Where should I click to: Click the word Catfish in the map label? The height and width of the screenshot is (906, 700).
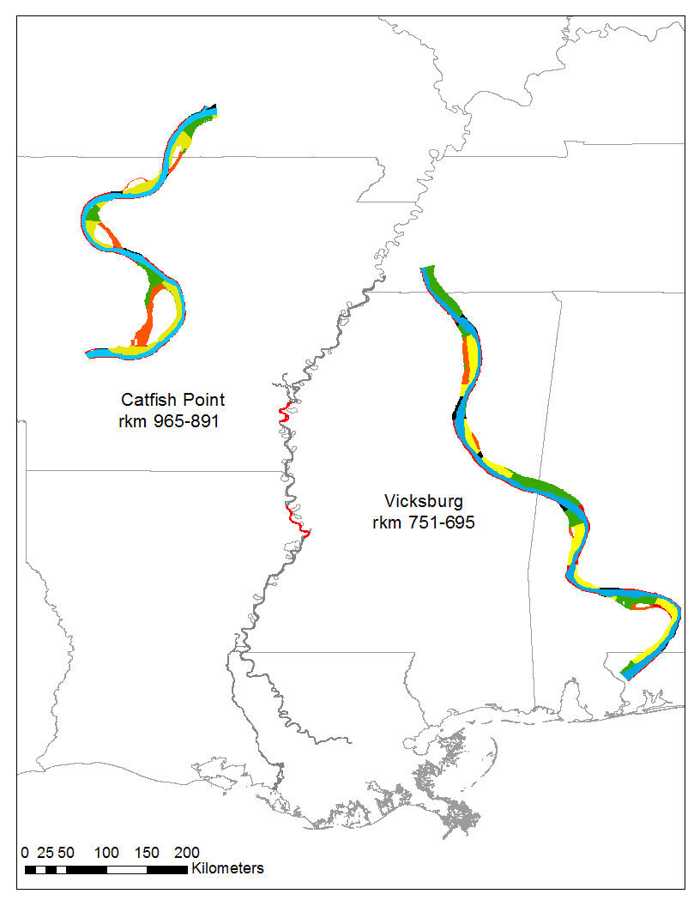(x=148, y=400)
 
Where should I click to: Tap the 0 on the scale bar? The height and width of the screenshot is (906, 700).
(x=25, y=853)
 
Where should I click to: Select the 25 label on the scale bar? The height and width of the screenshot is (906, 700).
(x=45, y=853)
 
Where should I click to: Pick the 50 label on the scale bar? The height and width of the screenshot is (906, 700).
(x=66, y=853)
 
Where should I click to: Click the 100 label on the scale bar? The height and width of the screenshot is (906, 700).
(x=106, y=853)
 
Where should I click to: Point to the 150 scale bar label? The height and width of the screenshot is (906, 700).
(x=147, y=853)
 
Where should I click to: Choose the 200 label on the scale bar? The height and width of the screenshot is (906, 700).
(x=187, y=853)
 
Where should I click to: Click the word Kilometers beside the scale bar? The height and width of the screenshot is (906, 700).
(x=227, y=868)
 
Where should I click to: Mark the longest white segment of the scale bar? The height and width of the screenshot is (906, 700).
(x=127, y=870)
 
